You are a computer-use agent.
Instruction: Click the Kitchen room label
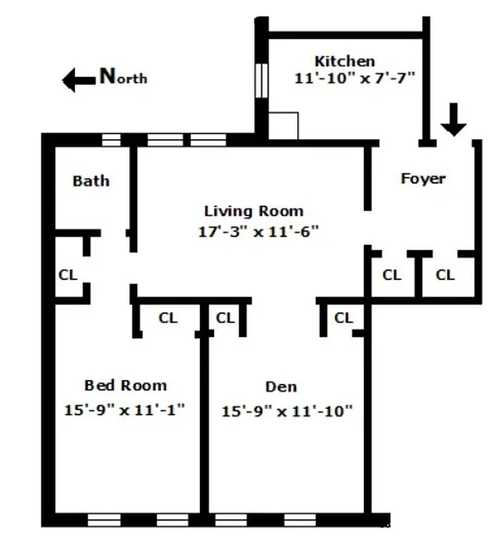pos(344,61)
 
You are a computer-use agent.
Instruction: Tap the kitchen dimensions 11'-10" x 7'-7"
pos(354,78)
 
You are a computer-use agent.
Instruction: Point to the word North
pos(123,76)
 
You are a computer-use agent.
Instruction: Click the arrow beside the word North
pos(78,80)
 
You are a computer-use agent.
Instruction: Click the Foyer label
pos(423,179)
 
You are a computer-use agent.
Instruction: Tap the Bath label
pos(91,181)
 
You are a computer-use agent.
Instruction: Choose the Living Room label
pos(253,211)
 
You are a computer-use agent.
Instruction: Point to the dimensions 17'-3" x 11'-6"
pos(258,232)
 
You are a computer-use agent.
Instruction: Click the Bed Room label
pos(125,385)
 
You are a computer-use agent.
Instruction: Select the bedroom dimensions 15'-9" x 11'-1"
pos(125,409)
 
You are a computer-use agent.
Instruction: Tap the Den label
pos(281,387)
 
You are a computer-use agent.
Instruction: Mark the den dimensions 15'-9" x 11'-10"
pos(288,410)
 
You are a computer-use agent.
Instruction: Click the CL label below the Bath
pos(68,275)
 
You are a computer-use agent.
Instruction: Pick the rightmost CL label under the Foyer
pos(445,275)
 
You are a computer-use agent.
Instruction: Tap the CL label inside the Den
pos(344,317)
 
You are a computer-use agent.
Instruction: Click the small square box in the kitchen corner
pos(284,126)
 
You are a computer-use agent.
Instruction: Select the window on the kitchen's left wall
pos(262,82)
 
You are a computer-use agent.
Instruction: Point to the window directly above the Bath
pos(111,140)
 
